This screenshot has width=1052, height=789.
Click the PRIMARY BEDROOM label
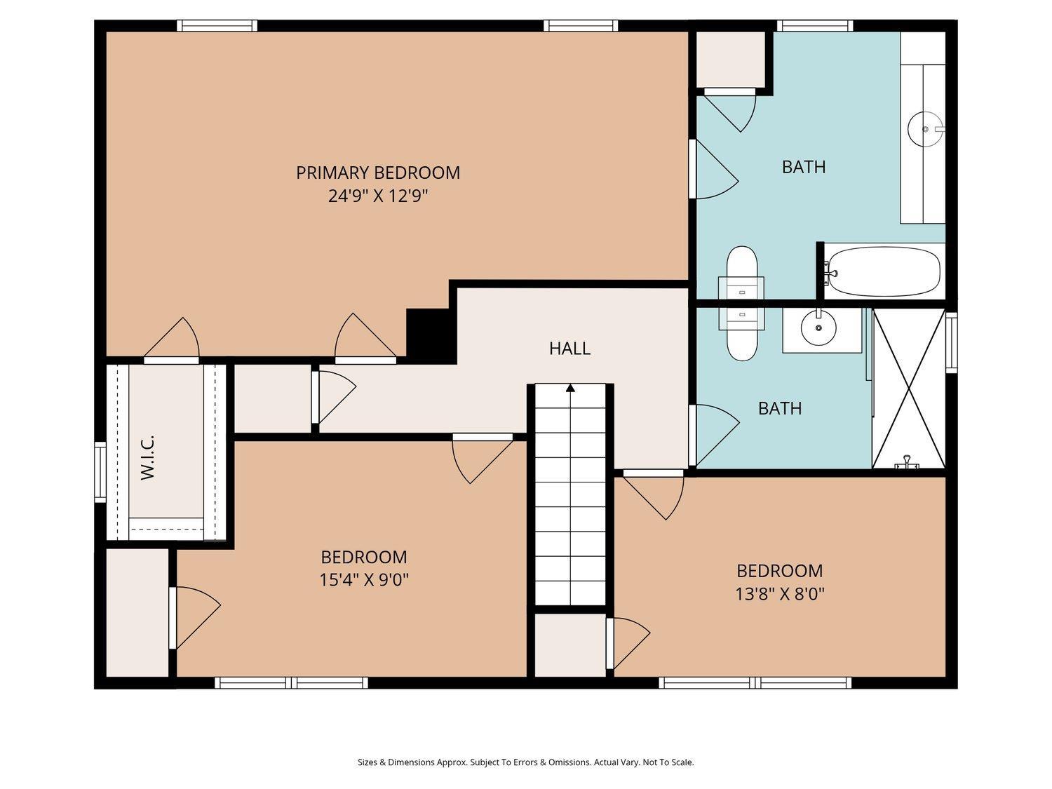pos(377,173)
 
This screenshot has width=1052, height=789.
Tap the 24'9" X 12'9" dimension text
pos(377,196)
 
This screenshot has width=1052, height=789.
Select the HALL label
pos(569,348)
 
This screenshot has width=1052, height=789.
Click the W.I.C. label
pos(147,457)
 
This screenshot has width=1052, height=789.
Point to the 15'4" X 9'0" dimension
pos(363,580)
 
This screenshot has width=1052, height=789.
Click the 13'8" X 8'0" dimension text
pos(779,594)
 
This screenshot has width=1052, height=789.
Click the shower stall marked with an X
pos(909,388)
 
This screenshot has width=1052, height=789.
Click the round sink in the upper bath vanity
pos(924,129)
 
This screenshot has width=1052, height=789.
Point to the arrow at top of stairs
pos(570,387)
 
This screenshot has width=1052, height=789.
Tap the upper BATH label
pos(803,167)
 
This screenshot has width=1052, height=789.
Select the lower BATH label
pos(779,408)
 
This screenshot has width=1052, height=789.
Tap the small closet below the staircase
pos(569,645)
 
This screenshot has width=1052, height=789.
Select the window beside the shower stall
pos(951,342)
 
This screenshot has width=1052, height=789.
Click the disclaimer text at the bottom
pos(525,762)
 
